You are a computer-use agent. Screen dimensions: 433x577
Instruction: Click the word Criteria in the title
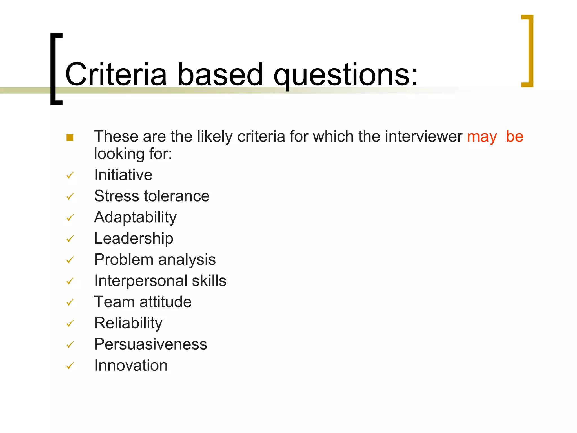(x=116, y=74)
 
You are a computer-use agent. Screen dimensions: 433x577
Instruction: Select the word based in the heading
(x=220, y=74)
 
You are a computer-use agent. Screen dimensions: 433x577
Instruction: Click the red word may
(x=482, y=137)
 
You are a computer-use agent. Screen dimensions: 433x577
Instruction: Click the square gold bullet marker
(x=70, y=138)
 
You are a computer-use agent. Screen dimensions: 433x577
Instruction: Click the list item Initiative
(x=123, y=175)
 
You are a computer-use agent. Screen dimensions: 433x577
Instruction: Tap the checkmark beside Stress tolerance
(x=70, y=196)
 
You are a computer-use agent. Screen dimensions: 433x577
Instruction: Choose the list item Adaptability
(x=135, y=218)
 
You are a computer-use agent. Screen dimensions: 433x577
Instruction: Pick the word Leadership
(x=134, y=238)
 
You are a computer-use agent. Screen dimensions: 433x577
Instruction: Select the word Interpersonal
(x=141, y=281)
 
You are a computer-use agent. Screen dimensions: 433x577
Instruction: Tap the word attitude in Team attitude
(x=165, y=302)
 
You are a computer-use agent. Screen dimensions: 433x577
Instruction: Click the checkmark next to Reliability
(x=70, y=323)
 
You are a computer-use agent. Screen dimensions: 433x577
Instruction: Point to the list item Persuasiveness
(x=150, y=344)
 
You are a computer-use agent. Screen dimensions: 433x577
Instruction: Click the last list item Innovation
(x=131, y=365)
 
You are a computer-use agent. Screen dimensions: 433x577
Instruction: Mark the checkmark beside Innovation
(x=70, y=366)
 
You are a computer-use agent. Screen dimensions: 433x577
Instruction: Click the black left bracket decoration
(x=53, y=69)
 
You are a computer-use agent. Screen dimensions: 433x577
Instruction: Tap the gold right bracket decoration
(x=531, y=51)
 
